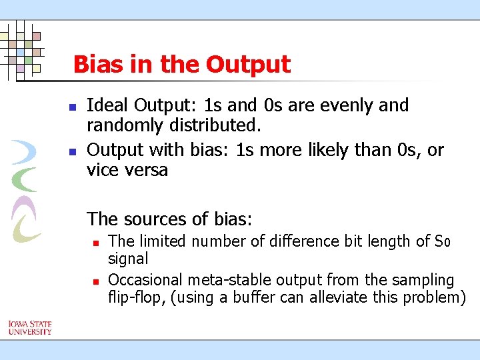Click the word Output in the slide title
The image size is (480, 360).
coord(248,65)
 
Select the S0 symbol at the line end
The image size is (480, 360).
coord(443,241)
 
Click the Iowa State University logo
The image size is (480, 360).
coord(30,328)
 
